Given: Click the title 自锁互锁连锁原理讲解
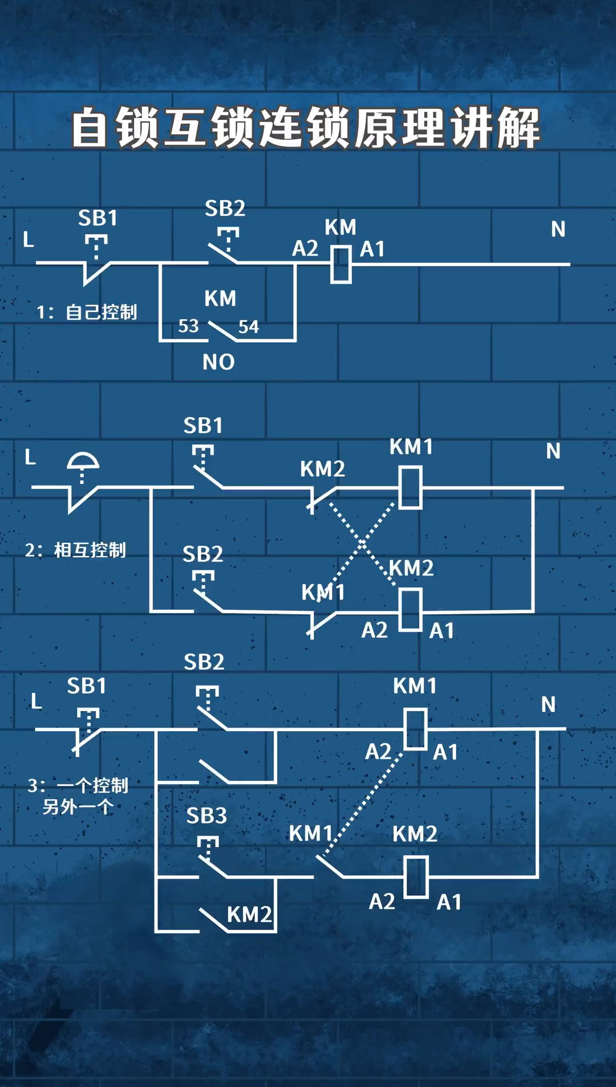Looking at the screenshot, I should tap(306, 128).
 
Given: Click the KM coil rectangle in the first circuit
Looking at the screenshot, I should tap(341, 264).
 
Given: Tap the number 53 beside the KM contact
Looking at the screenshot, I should tap(188, 326).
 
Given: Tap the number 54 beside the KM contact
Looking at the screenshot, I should tap(248, 327).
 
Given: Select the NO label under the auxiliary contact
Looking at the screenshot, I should tap(218, 362).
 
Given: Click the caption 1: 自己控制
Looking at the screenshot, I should tap(87, 312).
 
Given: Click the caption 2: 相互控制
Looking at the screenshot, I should tap(75, 550).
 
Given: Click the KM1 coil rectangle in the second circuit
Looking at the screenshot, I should tap(410, 488).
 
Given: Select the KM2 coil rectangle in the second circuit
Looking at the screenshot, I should tap(410, 610).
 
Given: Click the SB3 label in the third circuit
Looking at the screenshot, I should tap(206, 816).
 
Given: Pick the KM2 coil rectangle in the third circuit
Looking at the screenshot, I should tap(416, 877).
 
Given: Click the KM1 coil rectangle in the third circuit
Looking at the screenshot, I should tap(415, 729).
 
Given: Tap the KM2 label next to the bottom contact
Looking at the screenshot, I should tap(249, 915).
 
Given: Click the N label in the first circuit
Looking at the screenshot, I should tap(558, 229).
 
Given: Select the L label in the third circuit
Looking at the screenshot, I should tap(37, 701).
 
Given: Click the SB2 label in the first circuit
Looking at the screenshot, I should tap(225, 209).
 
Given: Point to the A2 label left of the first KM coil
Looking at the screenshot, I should tap(305, 249).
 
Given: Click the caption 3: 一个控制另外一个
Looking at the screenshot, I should tap(78, 796).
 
